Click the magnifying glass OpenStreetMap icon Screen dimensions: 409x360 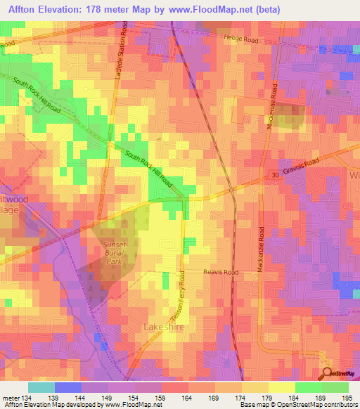coord(328,375)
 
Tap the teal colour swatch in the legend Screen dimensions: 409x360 coord(41,387)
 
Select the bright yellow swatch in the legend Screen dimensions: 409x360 coord(281,387)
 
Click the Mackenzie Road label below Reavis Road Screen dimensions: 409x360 coord(260,254)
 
